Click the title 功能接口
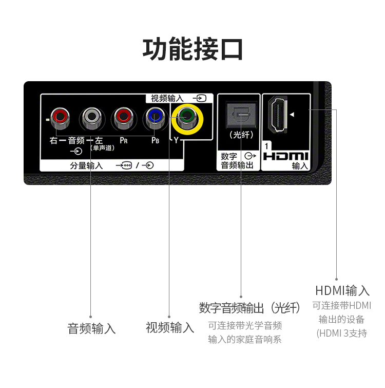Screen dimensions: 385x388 [192, 49]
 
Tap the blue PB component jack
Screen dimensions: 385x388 [155, 118]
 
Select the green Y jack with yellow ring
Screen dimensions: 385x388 [187, 119]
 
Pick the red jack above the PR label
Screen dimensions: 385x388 [123, 118]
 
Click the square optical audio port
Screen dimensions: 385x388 [241, 115]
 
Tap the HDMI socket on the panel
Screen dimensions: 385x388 [278, 114]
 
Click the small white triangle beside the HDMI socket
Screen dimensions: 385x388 [292, 115]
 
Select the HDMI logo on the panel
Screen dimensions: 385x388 [285, 156]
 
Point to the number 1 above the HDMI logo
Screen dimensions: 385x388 [266, 146]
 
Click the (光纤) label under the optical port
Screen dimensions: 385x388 [241, 135]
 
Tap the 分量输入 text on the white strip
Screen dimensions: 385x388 [86, 165]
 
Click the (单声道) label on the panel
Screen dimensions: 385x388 [102, 148]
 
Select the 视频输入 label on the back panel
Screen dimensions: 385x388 [167, 99]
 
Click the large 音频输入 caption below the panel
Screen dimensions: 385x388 [91, 329]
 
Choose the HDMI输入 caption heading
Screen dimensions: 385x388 [342, 290]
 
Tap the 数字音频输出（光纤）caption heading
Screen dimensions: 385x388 [249, 308]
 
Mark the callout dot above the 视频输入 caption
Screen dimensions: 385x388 [169, 317]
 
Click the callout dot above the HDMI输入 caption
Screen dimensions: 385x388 [336, 279]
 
